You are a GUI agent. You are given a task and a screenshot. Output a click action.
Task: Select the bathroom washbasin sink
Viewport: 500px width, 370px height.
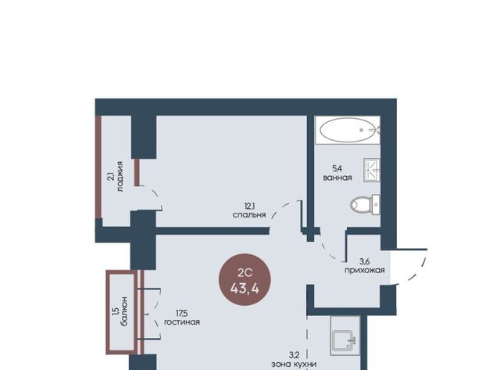point(372,171)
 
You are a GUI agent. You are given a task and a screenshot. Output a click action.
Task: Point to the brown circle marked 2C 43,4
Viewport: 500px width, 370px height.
point(245,280)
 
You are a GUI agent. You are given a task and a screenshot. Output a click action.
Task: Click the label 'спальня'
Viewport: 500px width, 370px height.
point(249,215)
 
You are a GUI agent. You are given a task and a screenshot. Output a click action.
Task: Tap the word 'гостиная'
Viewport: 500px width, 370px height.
point(182,322)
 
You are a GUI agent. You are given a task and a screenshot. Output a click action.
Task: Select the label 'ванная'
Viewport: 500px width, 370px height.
point(337,178)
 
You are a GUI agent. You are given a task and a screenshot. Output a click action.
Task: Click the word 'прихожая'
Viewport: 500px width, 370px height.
point(365,271)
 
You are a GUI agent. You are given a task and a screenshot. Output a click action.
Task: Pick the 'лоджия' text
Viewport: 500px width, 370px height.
point(120,177)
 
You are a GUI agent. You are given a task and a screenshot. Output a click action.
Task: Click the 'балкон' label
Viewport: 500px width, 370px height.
point(124,311)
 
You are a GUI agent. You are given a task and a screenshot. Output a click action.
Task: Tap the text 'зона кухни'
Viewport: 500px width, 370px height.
point(294,364)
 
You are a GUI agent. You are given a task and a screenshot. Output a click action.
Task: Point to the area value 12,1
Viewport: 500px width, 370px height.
point(249,206)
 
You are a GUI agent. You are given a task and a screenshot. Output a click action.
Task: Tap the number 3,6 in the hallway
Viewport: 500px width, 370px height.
point(365,261)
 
